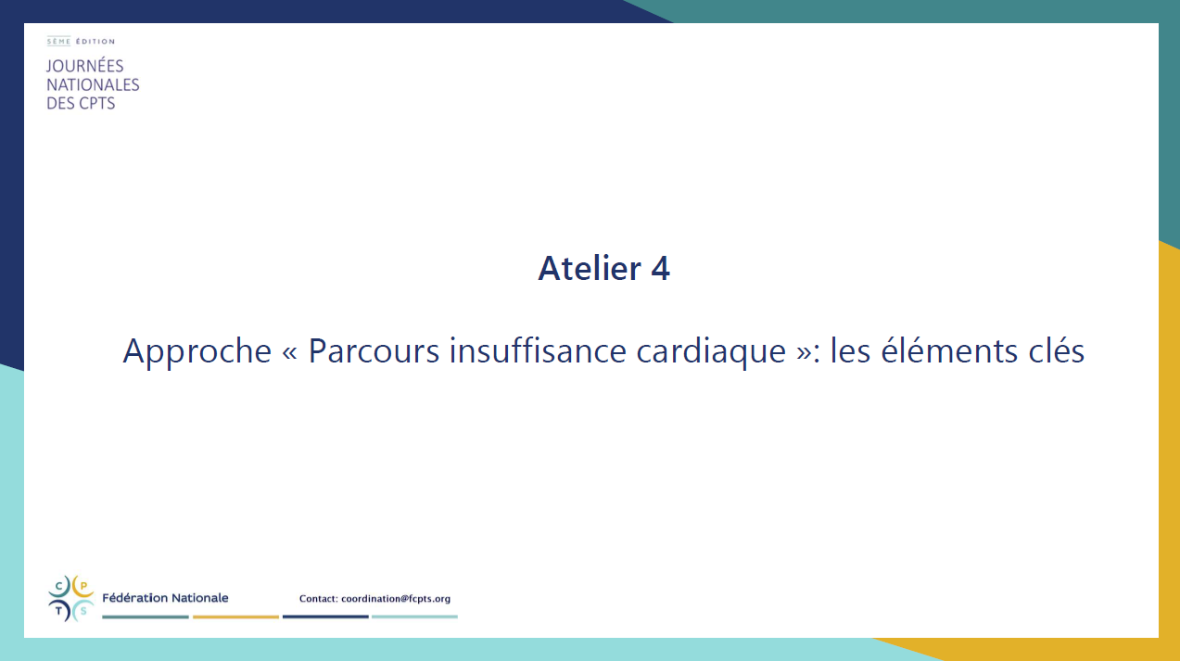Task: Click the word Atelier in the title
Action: point(590,268)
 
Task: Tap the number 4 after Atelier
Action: point(661,268)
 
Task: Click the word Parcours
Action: point(374,350)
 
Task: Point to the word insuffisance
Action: point(538,350)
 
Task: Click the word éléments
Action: point(949,350)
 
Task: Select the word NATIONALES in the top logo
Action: point(93,84)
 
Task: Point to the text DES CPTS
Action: point(81,103)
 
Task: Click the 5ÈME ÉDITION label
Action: point(81,41)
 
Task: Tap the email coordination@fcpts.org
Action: point(396,599)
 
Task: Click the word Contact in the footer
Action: point(318,598)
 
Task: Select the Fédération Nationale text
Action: point(165,598)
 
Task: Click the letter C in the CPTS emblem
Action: point(59,586)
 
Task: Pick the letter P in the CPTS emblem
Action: point(83,586)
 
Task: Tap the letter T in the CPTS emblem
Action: point(59,611)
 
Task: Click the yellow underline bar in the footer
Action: point(235,617)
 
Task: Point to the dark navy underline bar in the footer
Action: point(325,617)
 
